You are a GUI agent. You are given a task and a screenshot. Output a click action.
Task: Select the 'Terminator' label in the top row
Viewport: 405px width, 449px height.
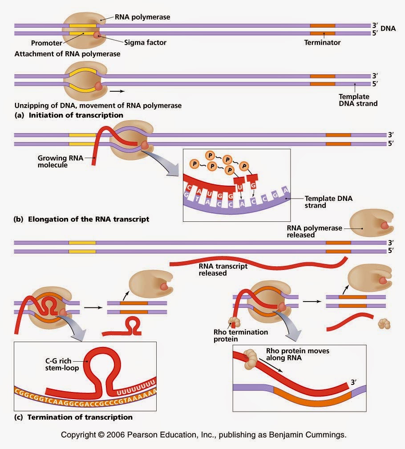pos(322,43)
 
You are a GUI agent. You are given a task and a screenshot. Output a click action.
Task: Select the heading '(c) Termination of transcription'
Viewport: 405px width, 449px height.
pos(73,417)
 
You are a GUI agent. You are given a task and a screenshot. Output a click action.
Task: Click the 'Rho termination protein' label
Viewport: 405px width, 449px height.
pos(241,335)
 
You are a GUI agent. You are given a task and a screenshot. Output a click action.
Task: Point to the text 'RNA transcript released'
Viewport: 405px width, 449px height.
pos(223,269)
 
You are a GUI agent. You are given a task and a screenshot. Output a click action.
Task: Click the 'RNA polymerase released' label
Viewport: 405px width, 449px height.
pos(314,231)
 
